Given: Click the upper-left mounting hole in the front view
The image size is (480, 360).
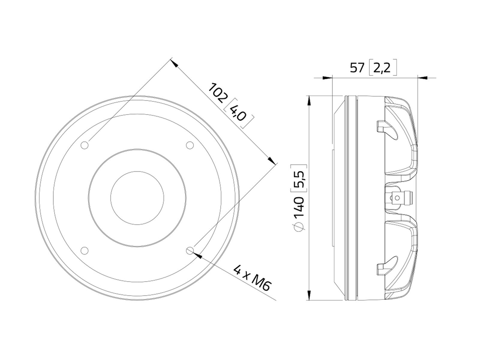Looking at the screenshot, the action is [85, 145].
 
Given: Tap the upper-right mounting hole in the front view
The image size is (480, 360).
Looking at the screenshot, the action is [190, 145].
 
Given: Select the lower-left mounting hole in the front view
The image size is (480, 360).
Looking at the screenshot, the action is [85, 250].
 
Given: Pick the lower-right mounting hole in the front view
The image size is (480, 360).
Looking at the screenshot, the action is [190, 250].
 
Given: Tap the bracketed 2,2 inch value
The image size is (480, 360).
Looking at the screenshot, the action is [383, 67].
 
